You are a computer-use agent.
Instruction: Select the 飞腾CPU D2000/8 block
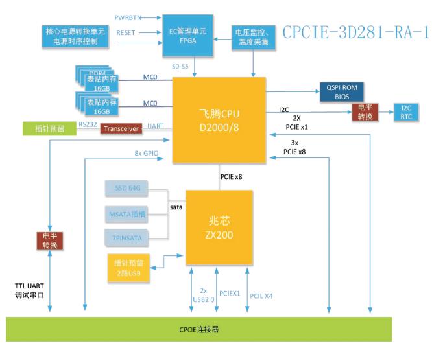[219, 119]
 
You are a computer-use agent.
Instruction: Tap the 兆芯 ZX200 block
[219, 225]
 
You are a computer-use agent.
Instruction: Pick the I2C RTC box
[406, 111]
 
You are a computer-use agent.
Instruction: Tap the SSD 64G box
[126, 188]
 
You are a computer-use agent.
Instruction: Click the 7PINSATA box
[126, 237]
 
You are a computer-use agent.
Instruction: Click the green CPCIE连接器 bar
[199, 329]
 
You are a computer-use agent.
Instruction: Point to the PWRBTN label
[127, 17]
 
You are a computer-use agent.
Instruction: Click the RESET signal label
[126, 32]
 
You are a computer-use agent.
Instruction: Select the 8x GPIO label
[145, 154]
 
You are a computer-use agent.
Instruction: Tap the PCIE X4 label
[261, 296]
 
